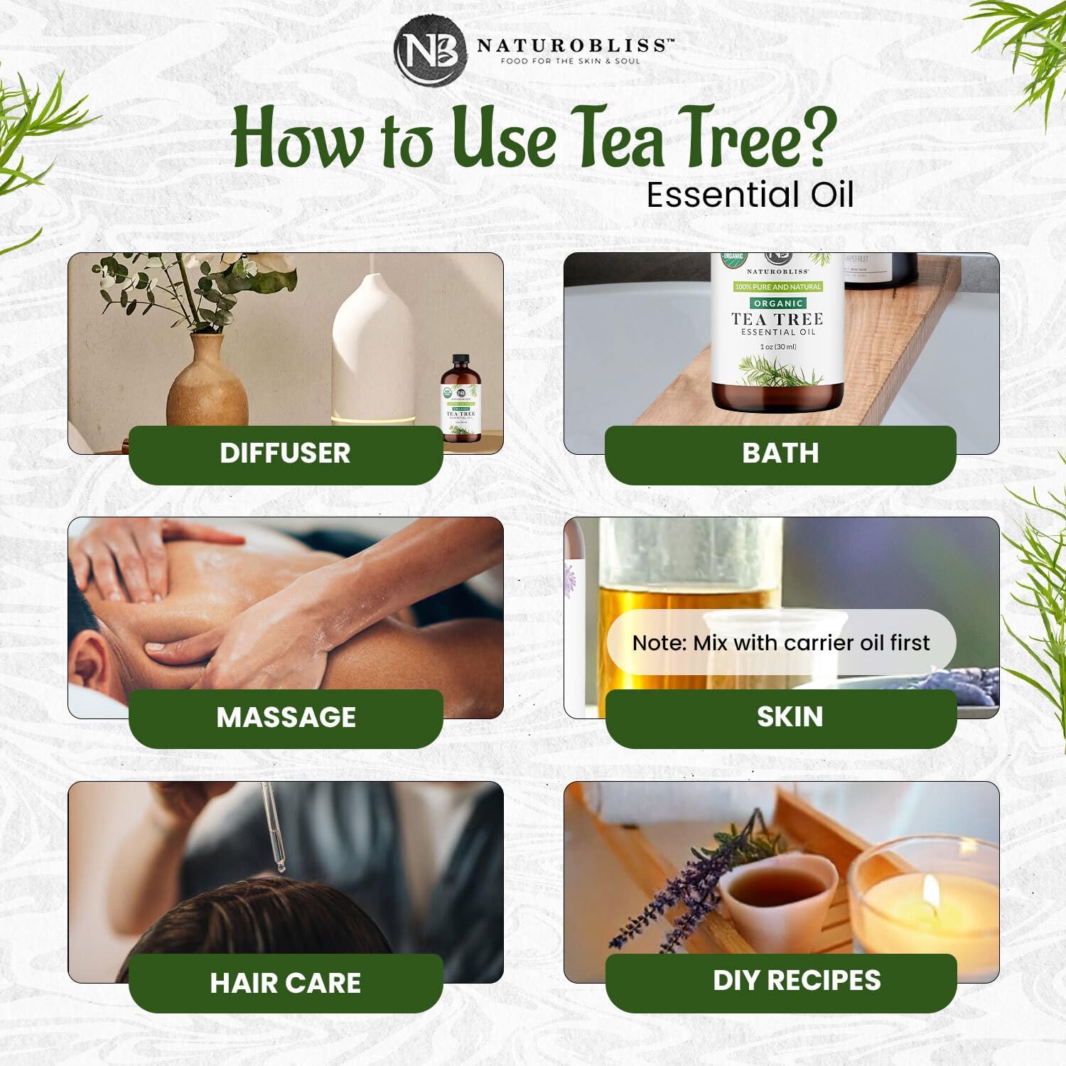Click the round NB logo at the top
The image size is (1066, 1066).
[430, 50]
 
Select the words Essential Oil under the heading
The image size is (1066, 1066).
[750, 195]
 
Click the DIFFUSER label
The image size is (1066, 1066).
[285, 453]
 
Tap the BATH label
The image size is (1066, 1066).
[780, 453]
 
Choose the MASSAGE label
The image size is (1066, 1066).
[286, 717]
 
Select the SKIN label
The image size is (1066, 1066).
[790, 716]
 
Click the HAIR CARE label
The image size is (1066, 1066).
[285, 983]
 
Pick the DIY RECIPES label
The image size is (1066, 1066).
[797, 980]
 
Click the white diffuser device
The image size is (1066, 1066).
[372, 352]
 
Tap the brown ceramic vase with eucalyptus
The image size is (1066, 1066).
[207, 384]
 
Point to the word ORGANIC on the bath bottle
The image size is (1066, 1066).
[778, 303]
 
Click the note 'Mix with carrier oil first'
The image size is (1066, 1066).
[780, 642]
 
